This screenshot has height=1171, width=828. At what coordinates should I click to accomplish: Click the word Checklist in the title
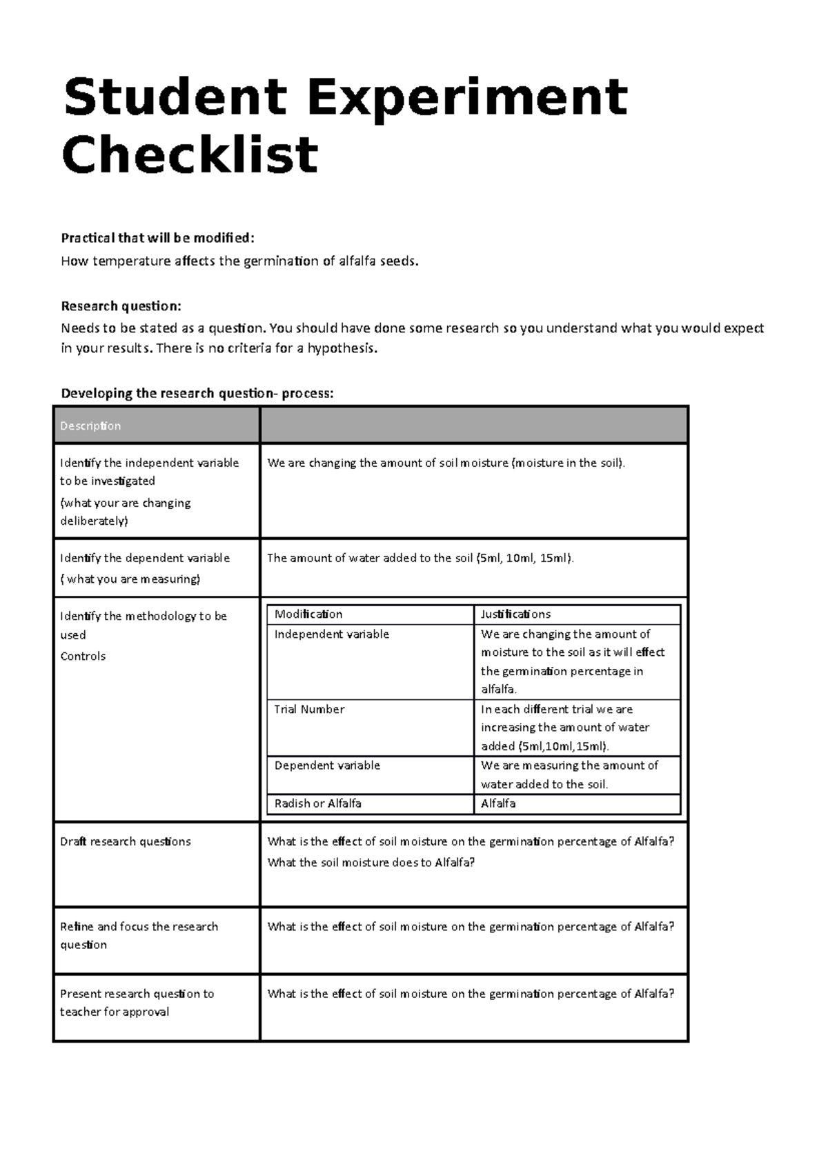[x=190, y=155]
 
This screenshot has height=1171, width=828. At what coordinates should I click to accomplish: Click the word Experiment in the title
[x=467, y=98]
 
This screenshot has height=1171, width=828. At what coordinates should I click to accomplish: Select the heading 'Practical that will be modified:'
[x=157, y=238]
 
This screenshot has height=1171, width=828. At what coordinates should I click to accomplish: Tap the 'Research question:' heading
[x=121, y=306]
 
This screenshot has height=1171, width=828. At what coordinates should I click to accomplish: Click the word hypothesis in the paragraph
[x=342, y=348]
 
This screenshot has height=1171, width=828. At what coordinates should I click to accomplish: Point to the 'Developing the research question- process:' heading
[x=197, y=393]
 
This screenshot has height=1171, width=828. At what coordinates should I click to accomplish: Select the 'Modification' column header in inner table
[x=308, y=614]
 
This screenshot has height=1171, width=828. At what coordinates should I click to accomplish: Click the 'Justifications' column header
[x=515, y=614]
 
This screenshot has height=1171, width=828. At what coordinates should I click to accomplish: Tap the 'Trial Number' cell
[x=309, y=709]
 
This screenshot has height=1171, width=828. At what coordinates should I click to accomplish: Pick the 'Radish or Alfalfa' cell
[x=317, y=803]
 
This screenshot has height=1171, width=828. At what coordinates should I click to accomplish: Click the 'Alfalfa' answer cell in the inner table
[x=498, y=803]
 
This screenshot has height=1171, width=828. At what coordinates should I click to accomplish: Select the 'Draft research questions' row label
[x=125, y=841]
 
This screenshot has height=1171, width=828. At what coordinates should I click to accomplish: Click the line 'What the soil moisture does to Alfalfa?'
[x=371, y=863]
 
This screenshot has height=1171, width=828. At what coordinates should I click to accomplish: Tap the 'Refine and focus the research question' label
[x=138, y=935]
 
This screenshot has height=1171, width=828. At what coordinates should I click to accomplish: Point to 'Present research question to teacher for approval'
[x=137, y=1002]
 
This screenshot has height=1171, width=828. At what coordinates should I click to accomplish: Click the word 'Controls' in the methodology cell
[x=83, y=656]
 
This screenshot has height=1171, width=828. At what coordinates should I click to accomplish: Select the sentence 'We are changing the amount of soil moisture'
[x=446, y=463]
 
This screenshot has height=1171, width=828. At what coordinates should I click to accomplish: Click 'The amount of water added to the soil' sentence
[x=420, y=558]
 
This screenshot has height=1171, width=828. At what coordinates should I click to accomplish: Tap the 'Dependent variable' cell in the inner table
[x=327, y=765]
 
